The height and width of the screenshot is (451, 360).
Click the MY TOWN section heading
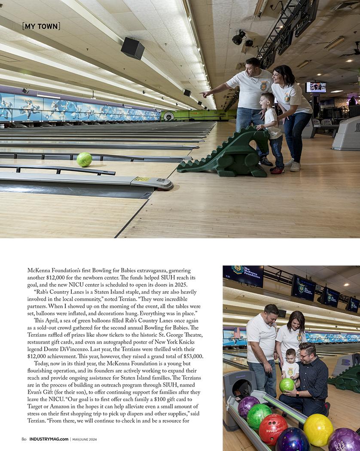click(x=41, y=26)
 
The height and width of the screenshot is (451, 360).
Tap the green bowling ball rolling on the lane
click(x=84, y=159)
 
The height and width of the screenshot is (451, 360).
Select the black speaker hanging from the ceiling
click(x=132, y=48)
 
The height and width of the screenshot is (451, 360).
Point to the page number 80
click(x=24, y=439)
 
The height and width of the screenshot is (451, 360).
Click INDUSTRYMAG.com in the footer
click(x=49, y=439)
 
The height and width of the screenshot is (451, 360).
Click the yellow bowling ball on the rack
click(x=318, y=430)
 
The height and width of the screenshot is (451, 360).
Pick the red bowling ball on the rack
click(x=273, y=429)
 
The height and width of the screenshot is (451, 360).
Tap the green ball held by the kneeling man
click(x=287, y=385)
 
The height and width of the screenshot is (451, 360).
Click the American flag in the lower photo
click(x=237, y=332)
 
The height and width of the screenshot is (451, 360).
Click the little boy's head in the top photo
click(x=268, y=99)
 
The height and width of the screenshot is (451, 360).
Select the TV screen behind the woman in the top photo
click(x=316, y=87)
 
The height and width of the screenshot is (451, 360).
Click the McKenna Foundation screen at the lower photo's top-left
click(x=243, y=275)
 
